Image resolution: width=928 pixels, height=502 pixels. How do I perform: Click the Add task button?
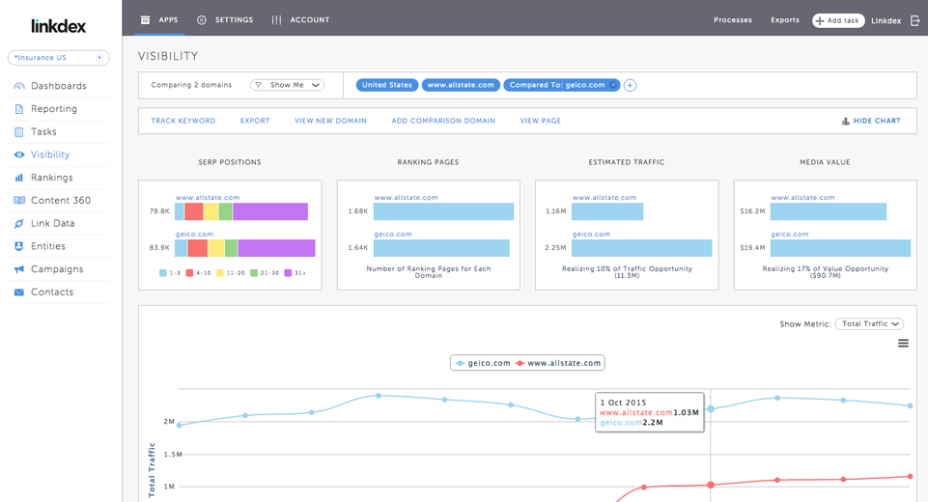click(837, 20)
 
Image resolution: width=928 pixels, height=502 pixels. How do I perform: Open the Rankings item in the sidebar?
click(51, 178)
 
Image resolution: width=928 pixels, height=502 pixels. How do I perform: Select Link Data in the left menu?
click(52, 223)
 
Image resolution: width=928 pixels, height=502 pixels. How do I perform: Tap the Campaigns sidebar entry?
click(57, 269)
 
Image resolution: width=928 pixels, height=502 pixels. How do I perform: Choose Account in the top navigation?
click(301, 20)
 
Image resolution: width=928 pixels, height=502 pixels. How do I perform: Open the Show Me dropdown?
click(287, 85)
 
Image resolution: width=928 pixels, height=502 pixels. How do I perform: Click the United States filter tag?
click(387, 85)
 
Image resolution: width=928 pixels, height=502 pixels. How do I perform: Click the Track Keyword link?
click(183, 121)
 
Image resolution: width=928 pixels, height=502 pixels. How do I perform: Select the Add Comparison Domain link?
click(443, 121)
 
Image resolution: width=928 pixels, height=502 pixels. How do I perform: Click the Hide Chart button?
click(871, 121)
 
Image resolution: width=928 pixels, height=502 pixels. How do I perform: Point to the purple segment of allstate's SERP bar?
click(270, 211)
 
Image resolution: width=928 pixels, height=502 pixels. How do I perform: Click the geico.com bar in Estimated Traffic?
click(641, 248)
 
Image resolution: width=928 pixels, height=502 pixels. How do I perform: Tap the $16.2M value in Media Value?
click(752, 211)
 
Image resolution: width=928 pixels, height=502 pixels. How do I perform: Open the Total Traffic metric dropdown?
click(868, 324)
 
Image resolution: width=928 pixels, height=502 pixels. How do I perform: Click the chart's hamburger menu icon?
click(903, 344)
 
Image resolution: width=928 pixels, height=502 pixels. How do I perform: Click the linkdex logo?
click(58, 26)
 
